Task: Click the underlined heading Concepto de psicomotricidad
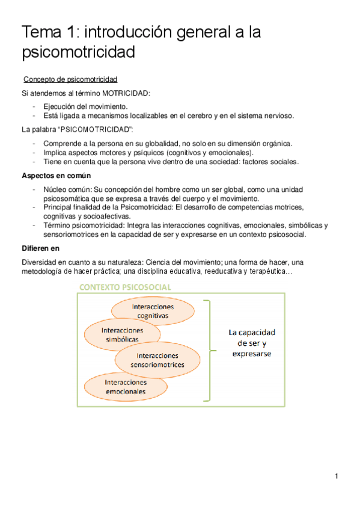[70, 79]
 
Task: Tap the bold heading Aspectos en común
[56, 176]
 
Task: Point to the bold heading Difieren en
[43, 248]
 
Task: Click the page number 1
[337, 477]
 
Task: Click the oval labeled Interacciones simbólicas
[122, 334]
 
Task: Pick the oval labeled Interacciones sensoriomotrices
[157, 360]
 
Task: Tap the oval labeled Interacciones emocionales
[125, 387]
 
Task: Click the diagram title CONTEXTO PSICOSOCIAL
[124, 287]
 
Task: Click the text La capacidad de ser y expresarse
[251, 343]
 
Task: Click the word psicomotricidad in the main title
[78, 53]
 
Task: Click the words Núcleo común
[64, 189]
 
